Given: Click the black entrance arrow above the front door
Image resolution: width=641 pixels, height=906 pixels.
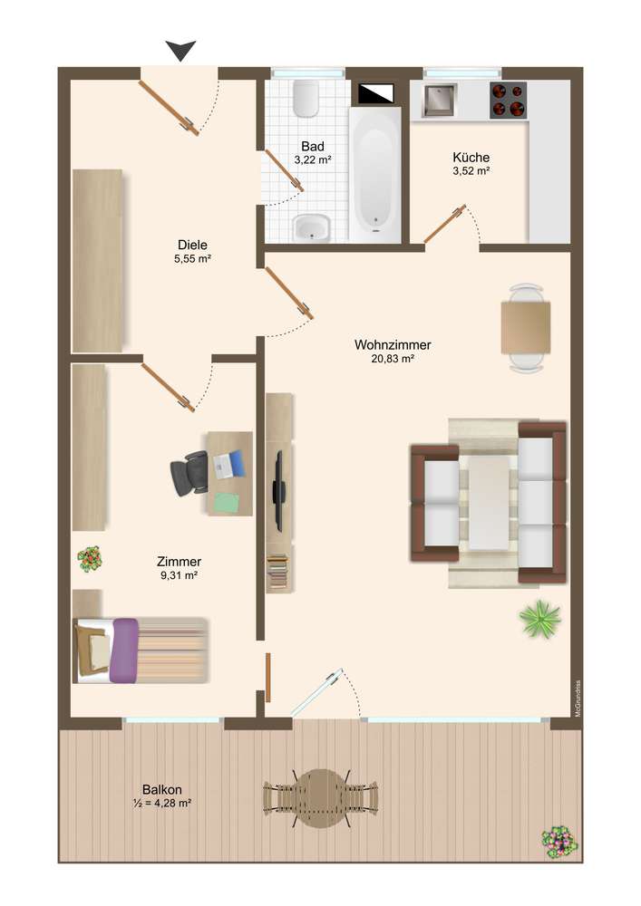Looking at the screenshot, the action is (181, 50).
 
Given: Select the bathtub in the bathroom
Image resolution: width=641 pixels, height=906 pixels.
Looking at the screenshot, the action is (375, 175).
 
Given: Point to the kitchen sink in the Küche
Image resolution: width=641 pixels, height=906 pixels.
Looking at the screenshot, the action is (438, 100).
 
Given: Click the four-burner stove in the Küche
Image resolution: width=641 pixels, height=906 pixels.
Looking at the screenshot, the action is (508, 101).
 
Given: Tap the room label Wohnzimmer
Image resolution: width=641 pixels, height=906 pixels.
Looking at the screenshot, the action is (393, 345).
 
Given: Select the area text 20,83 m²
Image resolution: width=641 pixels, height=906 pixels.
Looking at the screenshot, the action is (393, 359).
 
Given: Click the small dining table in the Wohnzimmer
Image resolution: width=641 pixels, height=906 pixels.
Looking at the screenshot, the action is (525, 328).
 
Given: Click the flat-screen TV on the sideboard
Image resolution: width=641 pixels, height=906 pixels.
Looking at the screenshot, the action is (278, 491).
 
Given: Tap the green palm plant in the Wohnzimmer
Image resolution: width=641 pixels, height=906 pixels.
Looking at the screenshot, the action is (539, 619).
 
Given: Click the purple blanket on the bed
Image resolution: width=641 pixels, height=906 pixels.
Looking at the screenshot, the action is (125, 650).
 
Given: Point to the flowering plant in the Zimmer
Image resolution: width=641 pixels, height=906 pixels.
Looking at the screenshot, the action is (90, 559).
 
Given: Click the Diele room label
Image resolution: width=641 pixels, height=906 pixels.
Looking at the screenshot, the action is (192, 245).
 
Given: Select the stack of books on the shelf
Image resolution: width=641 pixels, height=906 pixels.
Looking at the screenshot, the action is (277, 572).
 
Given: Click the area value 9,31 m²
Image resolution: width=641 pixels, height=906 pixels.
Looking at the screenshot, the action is (180, 575).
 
